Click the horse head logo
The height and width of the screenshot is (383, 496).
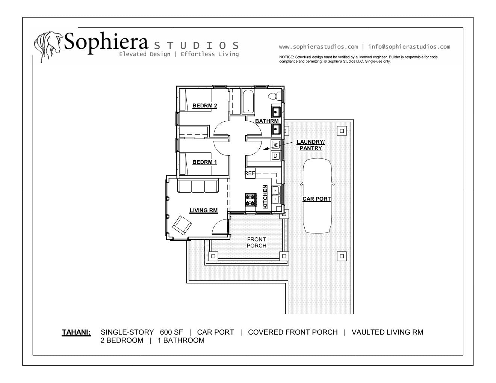(x=48, y=46)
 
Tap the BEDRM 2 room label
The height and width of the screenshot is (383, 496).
(x=204, y=106)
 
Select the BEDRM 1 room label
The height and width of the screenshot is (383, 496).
(x=204, y=162)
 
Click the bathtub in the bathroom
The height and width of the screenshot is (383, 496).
(x=248, y=102)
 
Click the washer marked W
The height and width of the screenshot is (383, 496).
(x=276, y=145)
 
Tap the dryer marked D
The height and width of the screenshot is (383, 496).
(x=276, y=156)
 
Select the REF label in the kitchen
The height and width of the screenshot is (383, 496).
(x=250, y=173)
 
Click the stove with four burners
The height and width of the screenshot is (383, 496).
(x=251, y=200)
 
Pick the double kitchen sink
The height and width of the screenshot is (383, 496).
(x=276, y=195)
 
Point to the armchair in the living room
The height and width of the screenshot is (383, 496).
(x=182, y=225)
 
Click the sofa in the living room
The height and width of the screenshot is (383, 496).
(x=198, y=186)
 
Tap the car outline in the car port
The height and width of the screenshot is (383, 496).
(x=317, y=196)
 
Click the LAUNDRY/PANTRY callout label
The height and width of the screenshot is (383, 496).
(x=311, y=145)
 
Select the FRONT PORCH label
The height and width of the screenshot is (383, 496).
(x=256, y=243)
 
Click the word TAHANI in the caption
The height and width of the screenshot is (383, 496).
(x=76, y=332)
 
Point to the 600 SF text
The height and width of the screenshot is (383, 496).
(x=171, y=332)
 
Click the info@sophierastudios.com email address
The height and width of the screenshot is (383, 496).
(x=409, y=47)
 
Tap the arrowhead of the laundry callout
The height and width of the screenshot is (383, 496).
(x=265, y=149)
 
